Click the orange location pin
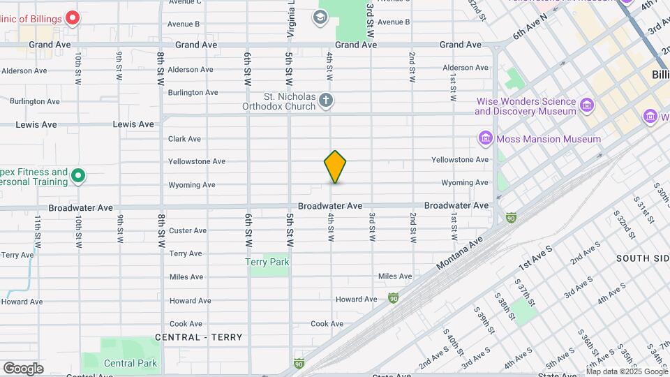click(335, 166)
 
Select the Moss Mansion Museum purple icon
click(486, 139)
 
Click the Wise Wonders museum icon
click(587, 106)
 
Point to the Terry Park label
click(267, 263)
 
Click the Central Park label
click(131, 363)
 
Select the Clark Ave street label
click(185, 139)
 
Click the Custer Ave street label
click(188, 230)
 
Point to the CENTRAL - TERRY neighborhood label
click(199, 337)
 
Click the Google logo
click(23, 368)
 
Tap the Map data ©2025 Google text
click(627, 371)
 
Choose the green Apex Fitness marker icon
click(78, 177)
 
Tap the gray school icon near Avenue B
click(320, 17)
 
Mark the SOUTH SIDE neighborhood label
click(642, 258)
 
